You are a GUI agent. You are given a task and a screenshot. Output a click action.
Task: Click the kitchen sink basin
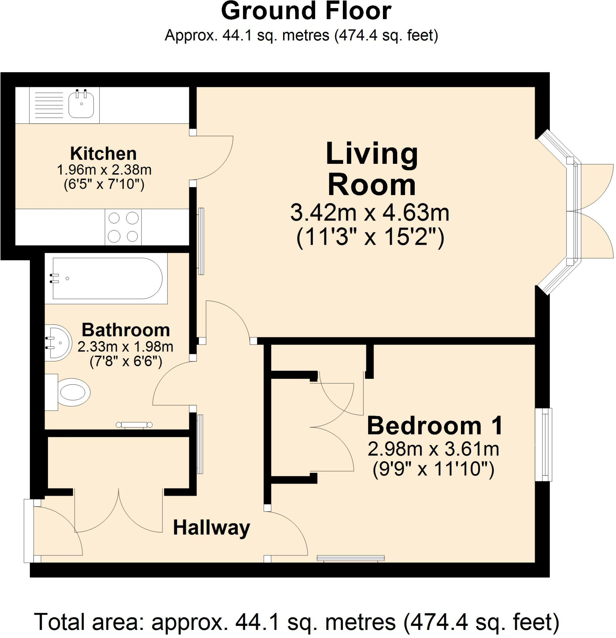coord(81,104)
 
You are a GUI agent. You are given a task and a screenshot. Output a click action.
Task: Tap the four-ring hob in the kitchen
coord(123,227)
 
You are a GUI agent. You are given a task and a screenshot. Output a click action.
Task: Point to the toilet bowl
coord(73,392)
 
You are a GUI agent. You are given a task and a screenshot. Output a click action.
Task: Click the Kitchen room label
coord(103,153)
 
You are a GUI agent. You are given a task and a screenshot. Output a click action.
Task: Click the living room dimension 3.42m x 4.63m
coord(370,213)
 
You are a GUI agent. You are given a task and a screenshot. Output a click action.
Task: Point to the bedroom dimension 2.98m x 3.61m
coord(433,449)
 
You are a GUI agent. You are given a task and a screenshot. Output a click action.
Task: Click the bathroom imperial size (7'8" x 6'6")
coord(126,361)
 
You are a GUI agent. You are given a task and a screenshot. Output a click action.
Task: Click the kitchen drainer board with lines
coord(49,104)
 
